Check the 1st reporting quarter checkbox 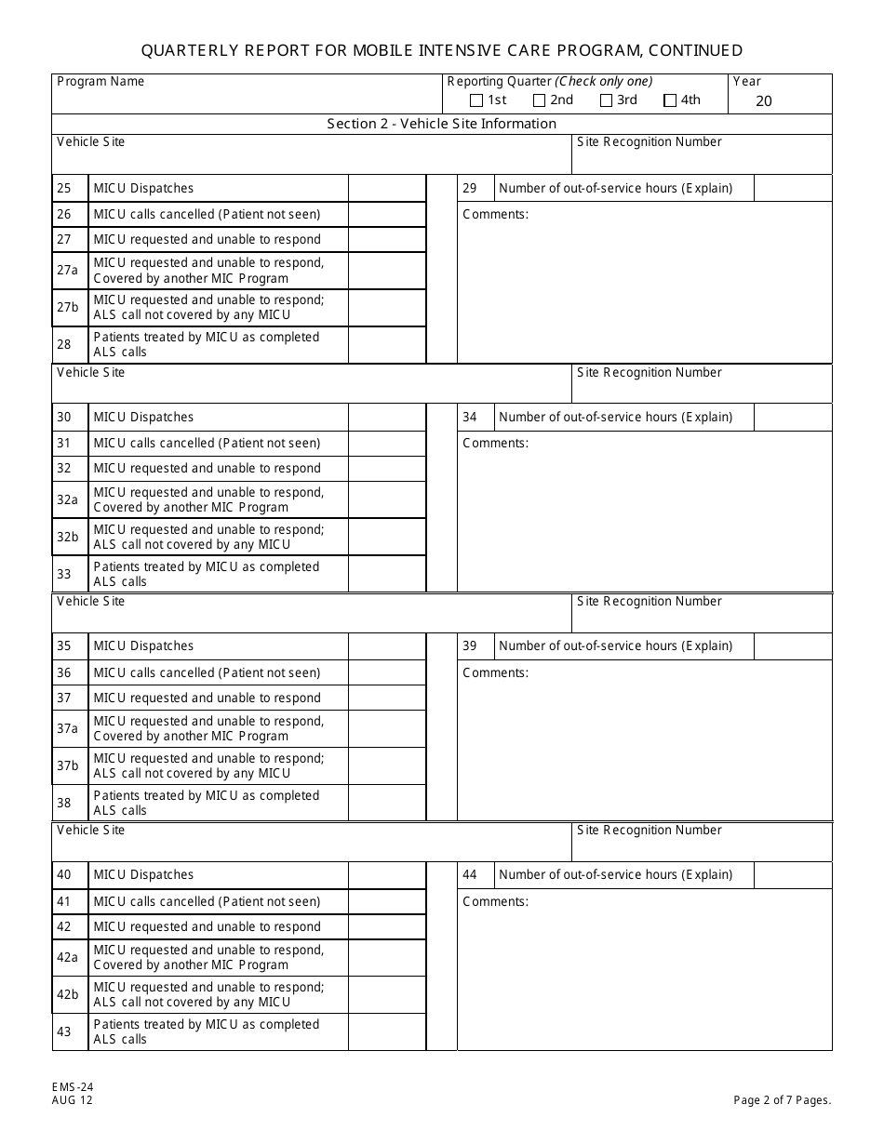476,100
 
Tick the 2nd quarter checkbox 540,100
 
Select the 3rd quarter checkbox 607,100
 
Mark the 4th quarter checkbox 670,100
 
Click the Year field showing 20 764,101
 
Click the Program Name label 100,82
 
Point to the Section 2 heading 441,124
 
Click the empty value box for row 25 387,189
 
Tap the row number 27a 68,271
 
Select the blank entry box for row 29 792,189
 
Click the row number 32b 68,538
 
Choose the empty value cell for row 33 387,574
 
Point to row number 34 470,418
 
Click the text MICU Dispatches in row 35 143,646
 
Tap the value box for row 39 792,646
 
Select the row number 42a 68,958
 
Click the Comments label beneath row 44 495,902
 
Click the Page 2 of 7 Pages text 782,1100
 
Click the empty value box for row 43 387,1031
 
